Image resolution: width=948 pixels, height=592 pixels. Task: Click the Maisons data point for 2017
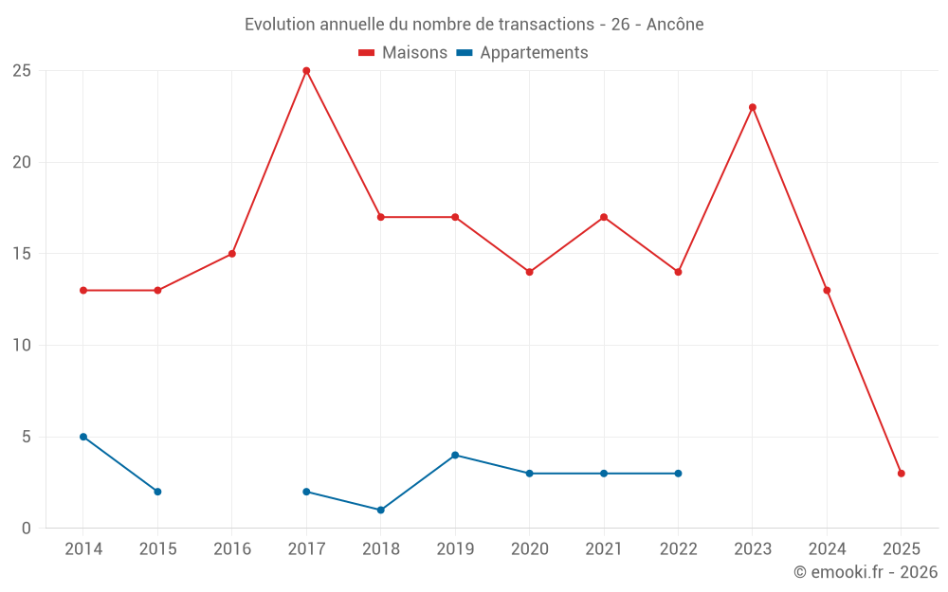pyautogui.click(x=306, y=71)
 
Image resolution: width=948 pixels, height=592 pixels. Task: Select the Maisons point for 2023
pyautogui.click(x=753, y=107)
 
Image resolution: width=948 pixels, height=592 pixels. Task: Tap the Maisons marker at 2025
pyautogui.click(x=902, y=474)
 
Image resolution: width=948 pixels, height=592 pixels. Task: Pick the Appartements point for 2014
pyautogui.click(x=83, y=437)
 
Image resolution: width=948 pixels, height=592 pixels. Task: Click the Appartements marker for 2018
pyautogui.click(x=381, y=511)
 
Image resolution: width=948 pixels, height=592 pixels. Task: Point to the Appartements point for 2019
pyautogui.click(x=455, y=456)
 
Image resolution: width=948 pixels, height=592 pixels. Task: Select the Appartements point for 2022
pyautogui.click(x=679, y=474)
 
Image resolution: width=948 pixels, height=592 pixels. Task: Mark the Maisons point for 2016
pyautogui.click(x=232, y=254)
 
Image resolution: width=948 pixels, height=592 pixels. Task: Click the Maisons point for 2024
pyautogui.click(x=827, y=291)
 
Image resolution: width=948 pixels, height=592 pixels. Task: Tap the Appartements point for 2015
pyautogui.click(x=157, y=492)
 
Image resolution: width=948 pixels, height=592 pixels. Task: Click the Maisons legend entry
pyautogui.click(x=403, y=53)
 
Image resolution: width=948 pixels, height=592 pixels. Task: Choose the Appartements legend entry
pyautogui.click(x=522, y=53)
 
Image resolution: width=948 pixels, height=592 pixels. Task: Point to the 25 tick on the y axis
pyautogui.click(x=22, y=71)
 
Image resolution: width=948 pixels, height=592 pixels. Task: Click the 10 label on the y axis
pyautogui.click(x=22, y=346)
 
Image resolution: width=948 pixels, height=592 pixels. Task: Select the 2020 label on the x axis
pyautogui.click(x=530, y=549)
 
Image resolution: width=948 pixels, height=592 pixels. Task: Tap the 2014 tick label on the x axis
pyautogui.click(x=83, y=549)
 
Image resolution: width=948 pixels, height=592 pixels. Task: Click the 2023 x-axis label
pyautogui.click(x=753, y=549)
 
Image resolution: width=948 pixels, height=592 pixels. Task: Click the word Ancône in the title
pyautogui.click(x=675, y=25)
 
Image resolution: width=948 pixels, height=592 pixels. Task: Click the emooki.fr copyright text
pyautogui.click(x=866, y=572)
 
